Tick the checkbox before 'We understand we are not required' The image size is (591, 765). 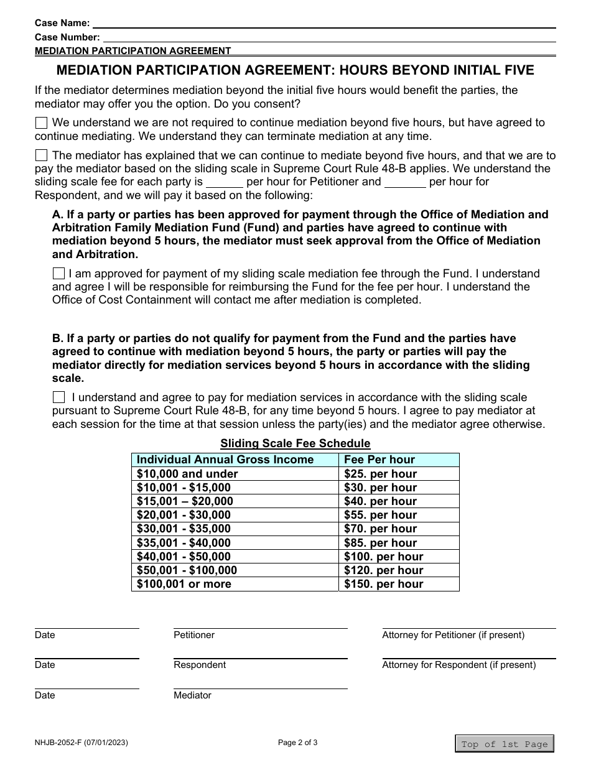(x=41, y=123)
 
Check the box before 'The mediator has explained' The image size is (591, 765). (x=41, y=155)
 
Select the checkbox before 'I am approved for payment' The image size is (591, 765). (x=58, y=274)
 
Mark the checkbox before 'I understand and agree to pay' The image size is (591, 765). (x=58, y=397)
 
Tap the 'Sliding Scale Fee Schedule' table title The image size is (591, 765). (x=295, y=443)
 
